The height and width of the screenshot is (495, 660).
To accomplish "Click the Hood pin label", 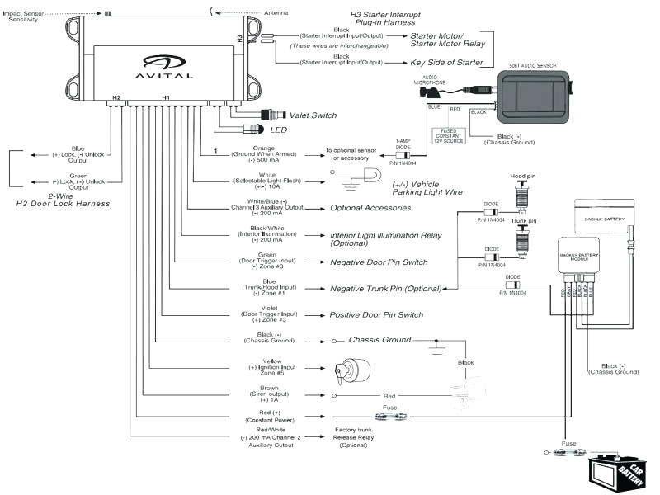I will tap(523, 177).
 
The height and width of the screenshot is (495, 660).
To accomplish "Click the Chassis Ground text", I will tap(379, 340).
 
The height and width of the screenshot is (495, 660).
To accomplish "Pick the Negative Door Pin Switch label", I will tap(379, 262).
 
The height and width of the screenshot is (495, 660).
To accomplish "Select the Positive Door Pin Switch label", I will tap(376, 315).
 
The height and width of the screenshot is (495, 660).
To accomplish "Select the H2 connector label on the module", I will tap(116, 97).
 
